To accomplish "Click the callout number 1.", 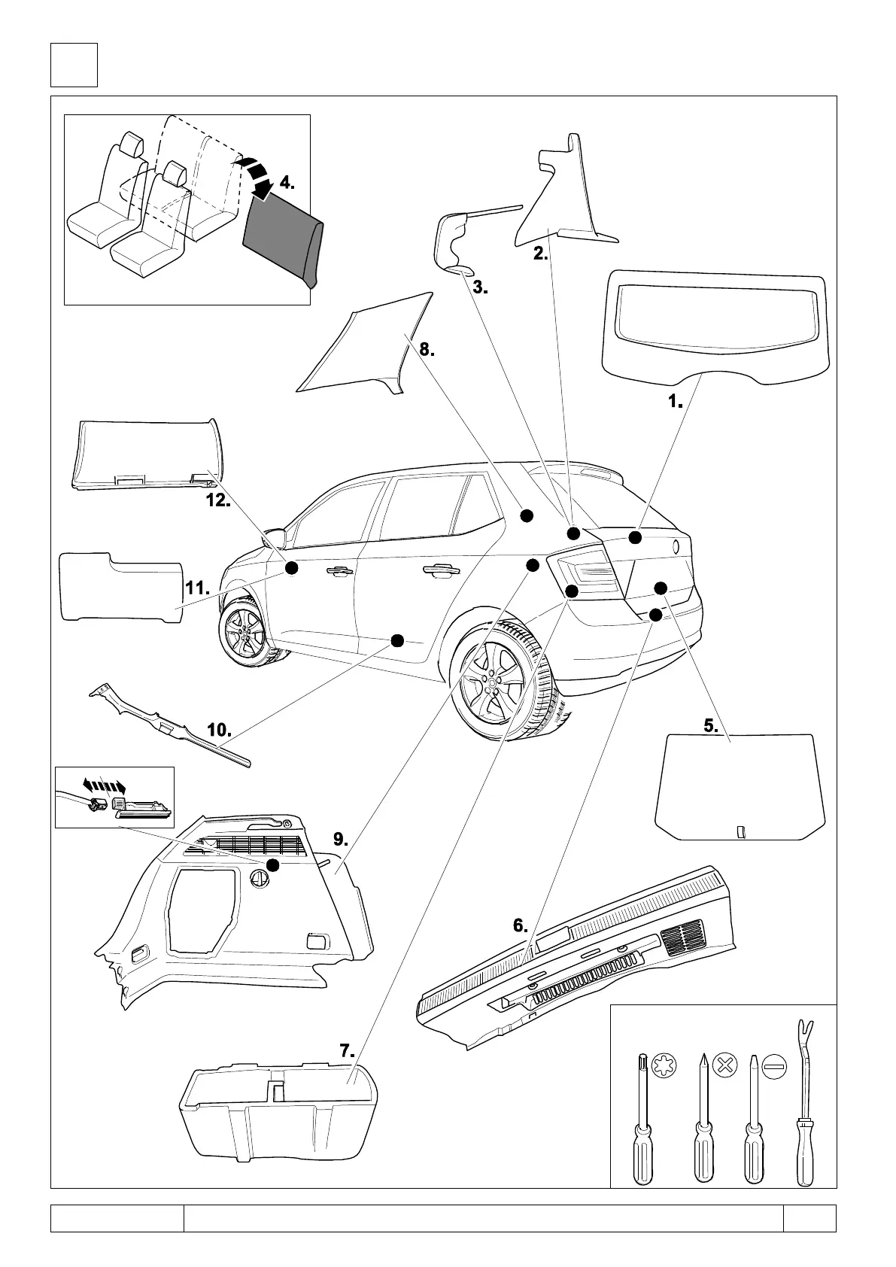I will (675, 402).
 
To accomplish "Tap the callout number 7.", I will (347, 1051).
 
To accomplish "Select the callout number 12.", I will (218, 500).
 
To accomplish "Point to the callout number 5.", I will (711, 726).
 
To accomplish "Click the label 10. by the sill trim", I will (218, 730).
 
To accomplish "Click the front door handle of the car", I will (338, 572).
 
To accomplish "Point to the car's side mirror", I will (275, 537).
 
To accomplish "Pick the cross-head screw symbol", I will (724, 1065).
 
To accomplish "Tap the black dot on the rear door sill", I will (397, 640).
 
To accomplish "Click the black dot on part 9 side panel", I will (272, 865).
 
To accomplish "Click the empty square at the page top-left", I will (74, 65).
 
